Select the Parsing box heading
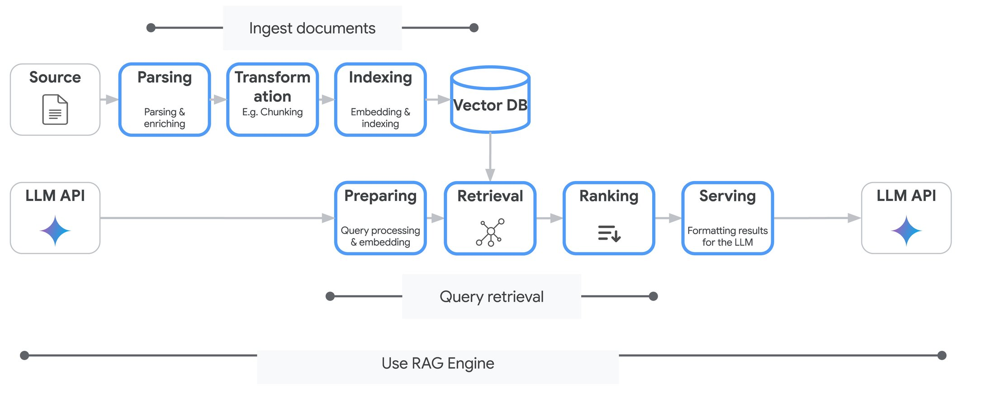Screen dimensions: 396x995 pyautogui.click(x=165, y=77)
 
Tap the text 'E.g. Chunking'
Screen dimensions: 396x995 pyautogui.click(x=272, y=112)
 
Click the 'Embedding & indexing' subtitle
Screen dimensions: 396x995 pyautogui.click(x=380, y=118)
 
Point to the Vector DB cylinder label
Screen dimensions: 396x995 pyautogui.click(x=490, y=105)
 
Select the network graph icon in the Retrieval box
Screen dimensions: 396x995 pyautogui.click(x=490, y=232)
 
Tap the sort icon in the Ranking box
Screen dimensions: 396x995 pyautogui.click(x=609, y=233)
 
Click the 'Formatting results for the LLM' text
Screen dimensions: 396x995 pyautogui.click(x=727, y=236)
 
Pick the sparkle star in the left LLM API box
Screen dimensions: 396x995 pyautogui.click(x=55, y=231)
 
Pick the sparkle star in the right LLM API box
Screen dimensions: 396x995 pyautogui.click(x=906, y=231)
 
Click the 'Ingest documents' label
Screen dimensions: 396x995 pyautogui.click(x=312, y=28)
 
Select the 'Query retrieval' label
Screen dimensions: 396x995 pyautogui.click(x=491, y=296)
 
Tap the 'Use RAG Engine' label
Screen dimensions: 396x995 pyautogui.click(x=438, y=363)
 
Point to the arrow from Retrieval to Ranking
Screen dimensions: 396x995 pyautogui.click(x=550, y=219)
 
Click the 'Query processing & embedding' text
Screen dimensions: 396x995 pyautogui.click(x=380, y=236)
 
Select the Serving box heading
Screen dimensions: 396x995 pyautogui.click(x=727, y=196)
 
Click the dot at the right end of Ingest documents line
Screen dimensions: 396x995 pyautogui.click(x=474, y=28)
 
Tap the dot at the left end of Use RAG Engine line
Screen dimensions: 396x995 pyautogui.click(x=25, y=355)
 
